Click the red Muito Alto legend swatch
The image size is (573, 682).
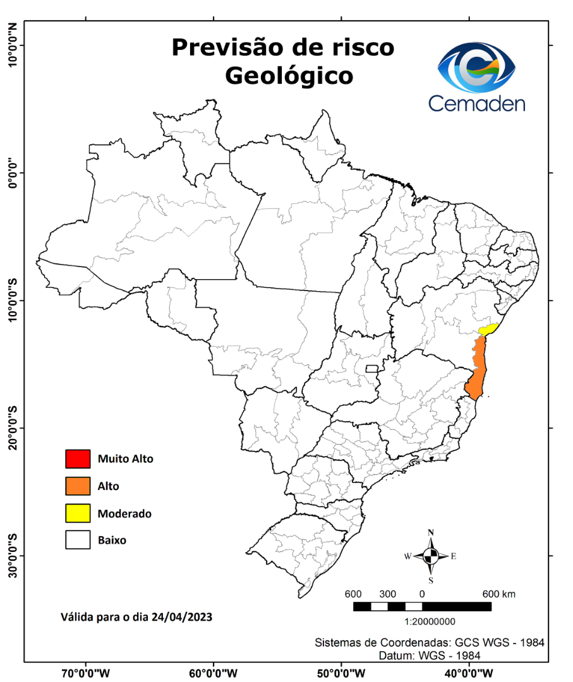[x=76, y=458]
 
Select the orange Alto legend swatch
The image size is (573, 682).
[x=76, y=486]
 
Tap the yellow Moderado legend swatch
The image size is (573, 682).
[x=76, y=513]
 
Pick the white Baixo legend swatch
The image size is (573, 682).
[x=76, y=541]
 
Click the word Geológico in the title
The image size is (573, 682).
[x=289, y=76]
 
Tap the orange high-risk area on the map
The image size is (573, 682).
[x=479, y=369]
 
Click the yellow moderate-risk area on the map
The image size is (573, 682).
[x=488, y=329]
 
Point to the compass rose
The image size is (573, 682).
[x=431, y=556]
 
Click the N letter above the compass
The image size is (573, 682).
[x=431, y=532]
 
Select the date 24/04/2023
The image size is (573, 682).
[x=181, y=616]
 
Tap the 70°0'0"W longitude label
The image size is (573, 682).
[x=87, y=673]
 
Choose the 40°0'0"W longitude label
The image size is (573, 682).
[x=469, y=673]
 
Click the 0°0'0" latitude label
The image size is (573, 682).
[x=12, y=172]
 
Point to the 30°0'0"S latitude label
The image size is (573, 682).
[x=12, y=556]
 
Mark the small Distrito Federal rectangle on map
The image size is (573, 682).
[x=371, y=368]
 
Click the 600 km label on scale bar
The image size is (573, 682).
[x=499, y=594]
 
